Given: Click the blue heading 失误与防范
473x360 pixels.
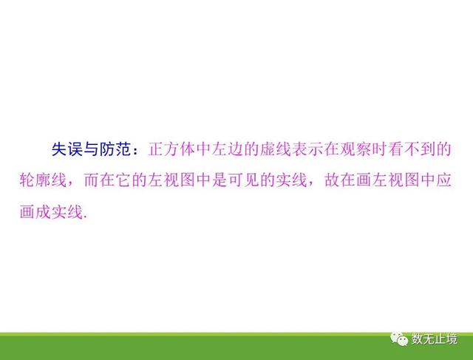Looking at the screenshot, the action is tap(91, 149).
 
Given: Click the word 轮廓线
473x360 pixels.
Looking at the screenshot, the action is tap(43, 180).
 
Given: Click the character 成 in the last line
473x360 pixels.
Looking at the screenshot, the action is tap(43, 212).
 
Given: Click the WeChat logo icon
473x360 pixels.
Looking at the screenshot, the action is tap(399, 339).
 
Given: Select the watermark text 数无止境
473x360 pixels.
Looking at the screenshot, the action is tap(435, 339).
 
